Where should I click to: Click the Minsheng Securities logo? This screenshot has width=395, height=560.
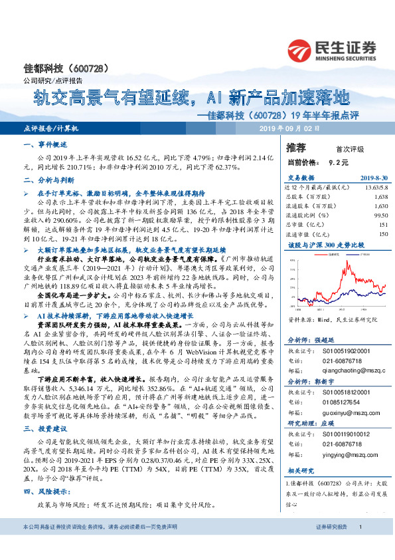point(332,49)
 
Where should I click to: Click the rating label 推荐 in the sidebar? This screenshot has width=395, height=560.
point(295,146)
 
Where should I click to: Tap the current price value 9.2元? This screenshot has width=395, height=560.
point(339,162)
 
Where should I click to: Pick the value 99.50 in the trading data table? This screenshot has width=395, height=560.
point(378,215)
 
